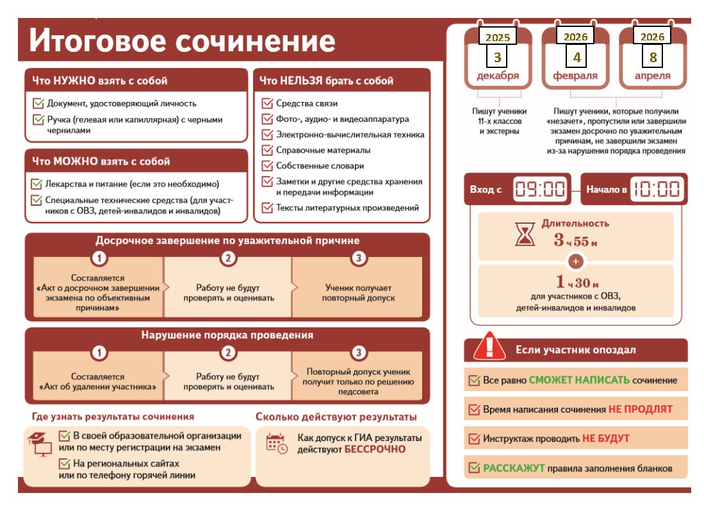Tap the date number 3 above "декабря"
(x=497, y=57)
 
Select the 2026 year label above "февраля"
(x=575, y=37)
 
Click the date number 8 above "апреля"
(x=653, y=57)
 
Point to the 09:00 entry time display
(x=541, y=189)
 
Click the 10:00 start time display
(x=657, y=189)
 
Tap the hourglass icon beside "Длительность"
(x=525, y=235)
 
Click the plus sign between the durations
(x=575, y=262)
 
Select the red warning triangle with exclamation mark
(x=489, y=348)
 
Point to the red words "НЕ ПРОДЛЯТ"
(x=641, y=409)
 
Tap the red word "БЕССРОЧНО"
(x=375, y=449)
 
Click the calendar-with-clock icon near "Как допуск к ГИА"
(x=277, y=444)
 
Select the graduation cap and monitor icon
(x=40, y=442)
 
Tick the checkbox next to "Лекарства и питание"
(x=38, y=184)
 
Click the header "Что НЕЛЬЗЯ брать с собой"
(x=326, y=81)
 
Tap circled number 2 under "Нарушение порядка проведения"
(x=229, y=353)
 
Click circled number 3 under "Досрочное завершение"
(x=359, y=259)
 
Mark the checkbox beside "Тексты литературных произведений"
(x=267, y=208)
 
